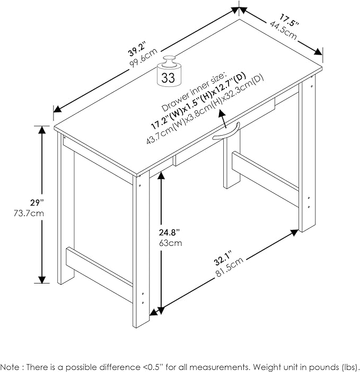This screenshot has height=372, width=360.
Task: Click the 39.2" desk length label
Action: click(137, 50)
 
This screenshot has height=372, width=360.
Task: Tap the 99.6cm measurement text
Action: click(143, 58)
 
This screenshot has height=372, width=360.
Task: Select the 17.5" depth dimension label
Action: click(288, 21)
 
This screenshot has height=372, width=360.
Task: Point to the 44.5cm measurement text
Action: click(283, 30)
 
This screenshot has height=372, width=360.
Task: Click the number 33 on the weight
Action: click(168, 77)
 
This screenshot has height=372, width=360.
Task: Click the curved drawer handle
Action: click(226, 131)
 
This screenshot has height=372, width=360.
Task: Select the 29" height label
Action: click(37, 202)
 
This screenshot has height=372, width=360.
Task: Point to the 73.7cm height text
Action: click(29, 213)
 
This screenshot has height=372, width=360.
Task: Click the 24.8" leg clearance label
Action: click(169, 232)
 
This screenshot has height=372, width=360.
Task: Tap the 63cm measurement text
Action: click(170, 243)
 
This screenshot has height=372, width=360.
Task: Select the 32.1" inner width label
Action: click(222, 258)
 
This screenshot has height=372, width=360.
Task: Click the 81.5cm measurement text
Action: click(230, 267)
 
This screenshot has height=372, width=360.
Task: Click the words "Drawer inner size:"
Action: click(193, 92)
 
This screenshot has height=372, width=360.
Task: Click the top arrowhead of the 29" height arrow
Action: click(42, 129)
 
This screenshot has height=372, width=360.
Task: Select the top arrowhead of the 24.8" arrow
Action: click(161, 175)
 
